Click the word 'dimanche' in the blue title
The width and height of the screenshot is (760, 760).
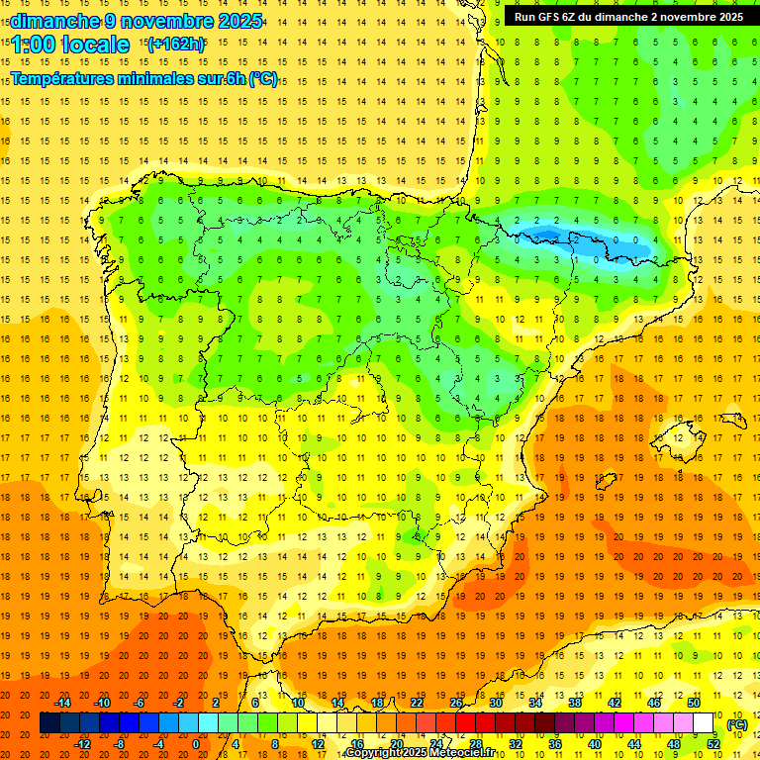point(54,20)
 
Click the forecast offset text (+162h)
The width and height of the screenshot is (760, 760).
point(175,45)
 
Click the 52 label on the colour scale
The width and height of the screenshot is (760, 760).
point(713,744)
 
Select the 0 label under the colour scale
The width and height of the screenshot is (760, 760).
point(195,744)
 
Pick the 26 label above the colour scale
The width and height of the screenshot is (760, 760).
point(456,703)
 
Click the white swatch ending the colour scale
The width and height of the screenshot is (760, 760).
point(704,723)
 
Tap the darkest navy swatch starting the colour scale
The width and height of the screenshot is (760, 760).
point(49,723)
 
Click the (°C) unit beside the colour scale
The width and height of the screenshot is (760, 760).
point(737,724)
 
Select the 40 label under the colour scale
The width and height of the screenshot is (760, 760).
point(595,744)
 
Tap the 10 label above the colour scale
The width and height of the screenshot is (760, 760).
point(298,703)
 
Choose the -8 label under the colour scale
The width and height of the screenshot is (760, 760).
point(119,744)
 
